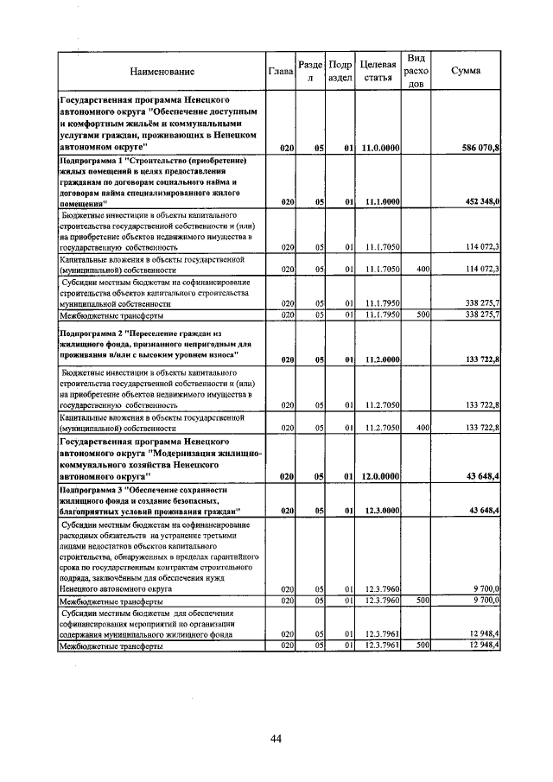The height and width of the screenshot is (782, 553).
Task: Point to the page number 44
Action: click(276, 738)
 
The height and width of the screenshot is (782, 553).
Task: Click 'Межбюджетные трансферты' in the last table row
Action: click(111, 670)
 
